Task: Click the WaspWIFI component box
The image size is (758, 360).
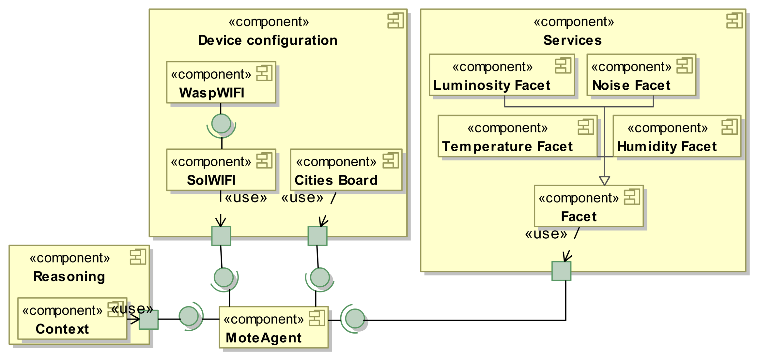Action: (x=221, y=82)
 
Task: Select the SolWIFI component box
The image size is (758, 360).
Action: (x=221, y=170)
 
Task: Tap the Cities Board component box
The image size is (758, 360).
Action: (x=346, y=170)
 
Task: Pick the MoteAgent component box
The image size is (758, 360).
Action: (x=273, y=327)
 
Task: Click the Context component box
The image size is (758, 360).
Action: (x=72, y=319)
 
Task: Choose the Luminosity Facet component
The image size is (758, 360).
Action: (x=502, y=75)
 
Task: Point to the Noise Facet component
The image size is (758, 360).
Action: (x=641, y=75)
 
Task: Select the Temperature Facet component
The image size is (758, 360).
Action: (x=518, y=136)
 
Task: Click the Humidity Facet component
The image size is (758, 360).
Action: (x=677, y=136)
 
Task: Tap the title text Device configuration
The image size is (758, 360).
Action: (x=268, y=40)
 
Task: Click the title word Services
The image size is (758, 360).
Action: (x=572, y=40)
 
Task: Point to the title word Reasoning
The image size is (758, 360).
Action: (x=69, y=277)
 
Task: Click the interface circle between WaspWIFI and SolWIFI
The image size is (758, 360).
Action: (x=221, y=124)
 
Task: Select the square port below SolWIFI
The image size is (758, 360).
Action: (x=221, y=236)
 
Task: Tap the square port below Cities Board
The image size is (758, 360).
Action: (x=317, y=236)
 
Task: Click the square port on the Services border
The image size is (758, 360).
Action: (x=561, y=271)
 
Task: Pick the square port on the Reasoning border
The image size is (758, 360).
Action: (x=148, y=319)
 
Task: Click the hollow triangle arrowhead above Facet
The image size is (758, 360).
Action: (x=604, y=181)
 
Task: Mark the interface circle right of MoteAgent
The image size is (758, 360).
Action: (x=355, y=319)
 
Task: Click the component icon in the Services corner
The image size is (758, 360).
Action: (x=734, y=21)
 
